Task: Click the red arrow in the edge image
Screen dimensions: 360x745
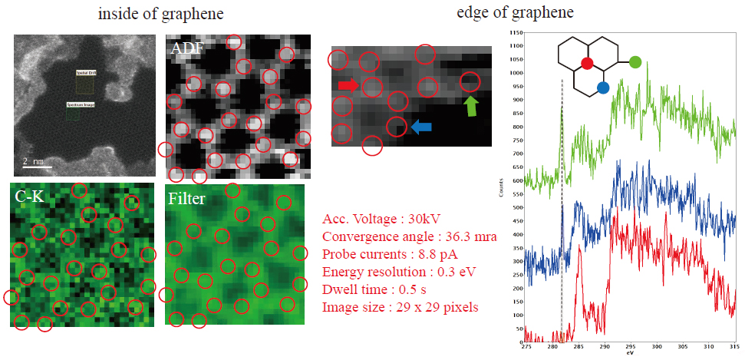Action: click(x=349, y=84)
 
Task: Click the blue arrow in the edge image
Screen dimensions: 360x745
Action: click(x=421, y=127)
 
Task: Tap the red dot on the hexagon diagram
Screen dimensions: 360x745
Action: click(x=587, y=63)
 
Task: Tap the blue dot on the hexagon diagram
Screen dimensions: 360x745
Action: click(x=603, y=88)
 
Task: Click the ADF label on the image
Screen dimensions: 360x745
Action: click(x=188, y=48)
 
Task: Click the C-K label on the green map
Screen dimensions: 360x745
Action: click(x=29, y=197)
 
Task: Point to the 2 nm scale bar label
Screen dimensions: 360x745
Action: click(x=31, y=161)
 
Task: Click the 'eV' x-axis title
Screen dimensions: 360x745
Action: click(x=629, y=354)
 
